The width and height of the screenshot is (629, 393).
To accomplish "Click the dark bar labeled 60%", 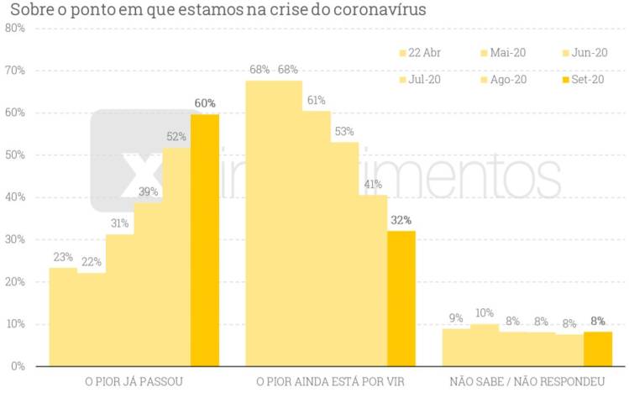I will point(205,239).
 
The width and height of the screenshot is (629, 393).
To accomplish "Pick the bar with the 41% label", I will point(373,280).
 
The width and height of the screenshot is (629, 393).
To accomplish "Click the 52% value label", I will point(176,137).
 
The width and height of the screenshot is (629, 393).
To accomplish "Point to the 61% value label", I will point(317,101).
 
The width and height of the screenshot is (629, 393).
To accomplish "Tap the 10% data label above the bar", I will point(485,313).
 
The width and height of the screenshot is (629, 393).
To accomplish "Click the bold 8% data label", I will point(598,320).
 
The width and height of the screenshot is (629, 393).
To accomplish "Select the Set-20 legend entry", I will point(584,80).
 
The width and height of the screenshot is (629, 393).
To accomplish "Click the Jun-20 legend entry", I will point(584,53).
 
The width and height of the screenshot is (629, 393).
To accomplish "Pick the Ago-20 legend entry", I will point(503,80).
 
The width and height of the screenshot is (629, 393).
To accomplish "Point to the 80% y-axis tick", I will point(14,28).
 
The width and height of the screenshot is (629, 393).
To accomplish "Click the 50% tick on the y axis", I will point(14,155).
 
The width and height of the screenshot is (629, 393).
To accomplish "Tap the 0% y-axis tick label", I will point(17,367).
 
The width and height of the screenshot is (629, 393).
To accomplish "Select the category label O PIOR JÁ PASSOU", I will point(134,382).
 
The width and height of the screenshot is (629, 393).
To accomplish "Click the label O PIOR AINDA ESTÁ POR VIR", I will point(330,382).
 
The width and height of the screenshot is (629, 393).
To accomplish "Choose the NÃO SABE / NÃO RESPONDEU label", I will point(527,382).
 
